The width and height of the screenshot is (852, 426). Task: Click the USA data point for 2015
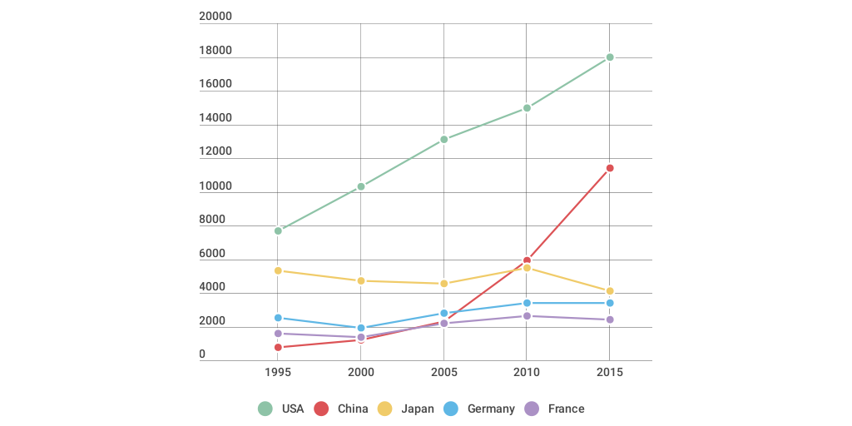pyautogui.click(x=610, y=57)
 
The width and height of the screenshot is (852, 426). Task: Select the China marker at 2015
pyautogui.click(x=610, y=168)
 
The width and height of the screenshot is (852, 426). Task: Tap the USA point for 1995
pyautogui.click(x=278, y=230)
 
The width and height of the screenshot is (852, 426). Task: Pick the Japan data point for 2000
pyautogui.click(x=361, y=281)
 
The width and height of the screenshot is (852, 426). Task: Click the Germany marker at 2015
pyautogui.click(x=610, y=303)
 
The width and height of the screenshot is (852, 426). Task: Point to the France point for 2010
pyautogui.click(x=527, y=316)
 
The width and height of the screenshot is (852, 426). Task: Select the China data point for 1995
pyautogui.click(x=278, y=347)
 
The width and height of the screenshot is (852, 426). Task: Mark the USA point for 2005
pyautogui.click(x=444, y=139)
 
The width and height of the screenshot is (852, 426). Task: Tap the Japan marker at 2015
pyautogui.click(x=610, y=291)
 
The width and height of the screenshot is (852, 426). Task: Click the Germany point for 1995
pyautogui.click(x=278, y=318)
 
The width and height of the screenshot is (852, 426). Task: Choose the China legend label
pyautogui.click(x=353, y=409)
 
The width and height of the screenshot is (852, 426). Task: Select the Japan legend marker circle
pyautogui.click(x=385, y=409)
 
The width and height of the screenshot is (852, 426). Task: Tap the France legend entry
pyautogui.click(x=566, y=409)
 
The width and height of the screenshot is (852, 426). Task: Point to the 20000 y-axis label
pyautogui.click(x=215, y=17)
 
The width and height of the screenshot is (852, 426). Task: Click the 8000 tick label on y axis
pyautogui.click(x=212, y=220)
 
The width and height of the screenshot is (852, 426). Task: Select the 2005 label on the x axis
pyautogui.click(x=444, y=372)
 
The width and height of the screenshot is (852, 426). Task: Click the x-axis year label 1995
pyautogui.click(x=278, y=372)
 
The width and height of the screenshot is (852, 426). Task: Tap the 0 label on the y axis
pyautogui.click(x=202, y=354)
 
